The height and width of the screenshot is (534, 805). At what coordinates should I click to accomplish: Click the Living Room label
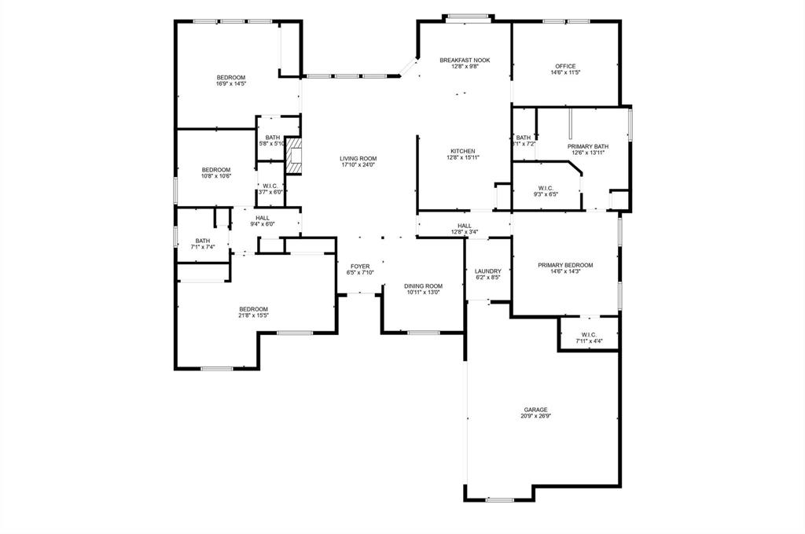coord(358,159)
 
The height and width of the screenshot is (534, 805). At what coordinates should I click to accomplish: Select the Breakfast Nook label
coord(465,61)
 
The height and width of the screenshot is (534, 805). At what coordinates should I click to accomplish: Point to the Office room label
coord(565,66)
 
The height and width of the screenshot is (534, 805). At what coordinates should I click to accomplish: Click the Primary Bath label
coord(587,146)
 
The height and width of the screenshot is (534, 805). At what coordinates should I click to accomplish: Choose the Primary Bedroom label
coord(565,265)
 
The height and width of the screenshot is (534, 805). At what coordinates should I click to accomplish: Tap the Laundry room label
coord(487,271)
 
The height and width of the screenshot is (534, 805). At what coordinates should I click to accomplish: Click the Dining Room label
coord(423,286)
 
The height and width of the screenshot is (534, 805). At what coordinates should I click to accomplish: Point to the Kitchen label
coord(462,151)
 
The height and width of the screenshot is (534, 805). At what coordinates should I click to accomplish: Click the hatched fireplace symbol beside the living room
coord(294,155)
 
